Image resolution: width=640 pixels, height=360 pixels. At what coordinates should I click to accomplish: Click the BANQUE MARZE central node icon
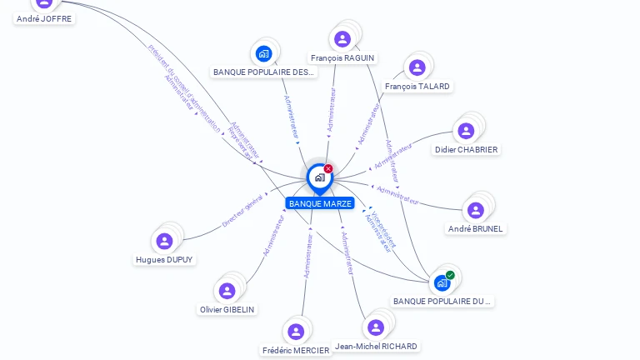click(319, 177)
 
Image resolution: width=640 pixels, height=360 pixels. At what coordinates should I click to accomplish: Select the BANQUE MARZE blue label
click(320, 203)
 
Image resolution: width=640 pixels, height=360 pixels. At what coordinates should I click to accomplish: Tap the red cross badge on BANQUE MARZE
click(328, 168)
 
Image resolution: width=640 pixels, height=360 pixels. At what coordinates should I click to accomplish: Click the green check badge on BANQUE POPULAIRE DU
click(450, 275)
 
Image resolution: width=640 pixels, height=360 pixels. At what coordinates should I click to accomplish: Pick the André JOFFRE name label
click(44, 18)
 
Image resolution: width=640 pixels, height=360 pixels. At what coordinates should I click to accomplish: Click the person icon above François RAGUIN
click(342, 38)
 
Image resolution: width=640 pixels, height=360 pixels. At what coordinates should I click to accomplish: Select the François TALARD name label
click(417, 87)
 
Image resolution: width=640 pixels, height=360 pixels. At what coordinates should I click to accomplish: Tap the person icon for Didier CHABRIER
click(466, 131)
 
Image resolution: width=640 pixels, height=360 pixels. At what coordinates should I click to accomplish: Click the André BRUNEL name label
click(477, 228)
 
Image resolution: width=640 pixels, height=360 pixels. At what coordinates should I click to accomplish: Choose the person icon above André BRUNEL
click(476, 210)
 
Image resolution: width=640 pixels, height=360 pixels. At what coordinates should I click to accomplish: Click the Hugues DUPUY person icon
click(164, 241)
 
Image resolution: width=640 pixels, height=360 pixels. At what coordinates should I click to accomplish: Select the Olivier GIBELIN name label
click(227, 309)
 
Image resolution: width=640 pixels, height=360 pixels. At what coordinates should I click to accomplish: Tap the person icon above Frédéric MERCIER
click(295, 332)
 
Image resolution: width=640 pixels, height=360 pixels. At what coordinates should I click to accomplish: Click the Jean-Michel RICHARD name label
click(376, 346)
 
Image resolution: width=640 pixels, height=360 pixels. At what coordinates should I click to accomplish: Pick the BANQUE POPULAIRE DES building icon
click(264, 54)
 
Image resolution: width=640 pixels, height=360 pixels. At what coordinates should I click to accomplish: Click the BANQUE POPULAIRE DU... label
click(442, 301)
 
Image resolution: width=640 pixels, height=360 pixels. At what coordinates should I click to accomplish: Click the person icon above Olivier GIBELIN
click(227, 291)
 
